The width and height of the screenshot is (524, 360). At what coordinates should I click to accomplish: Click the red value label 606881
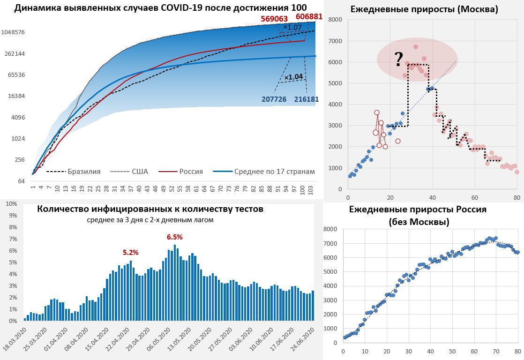309,16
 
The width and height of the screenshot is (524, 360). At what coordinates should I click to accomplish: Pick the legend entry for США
140,172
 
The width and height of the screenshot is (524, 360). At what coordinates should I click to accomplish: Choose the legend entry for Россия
191,172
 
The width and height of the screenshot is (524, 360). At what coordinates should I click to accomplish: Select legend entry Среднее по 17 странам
275,172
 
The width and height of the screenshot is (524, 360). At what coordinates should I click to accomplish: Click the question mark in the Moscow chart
398,59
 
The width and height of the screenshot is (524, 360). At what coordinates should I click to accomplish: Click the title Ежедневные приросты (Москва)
425,9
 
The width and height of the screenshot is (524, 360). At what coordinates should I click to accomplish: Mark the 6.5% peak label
175,237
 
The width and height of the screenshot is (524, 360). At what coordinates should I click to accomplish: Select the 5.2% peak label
131,252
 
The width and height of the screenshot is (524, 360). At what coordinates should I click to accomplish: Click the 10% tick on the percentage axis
11,204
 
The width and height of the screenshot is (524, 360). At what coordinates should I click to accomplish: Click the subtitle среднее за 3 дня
150,220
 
